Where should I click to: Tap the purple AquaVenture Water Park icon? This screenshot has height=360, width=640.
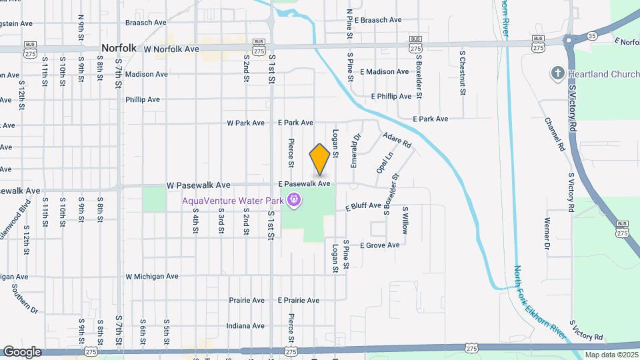click(x=294, y=199)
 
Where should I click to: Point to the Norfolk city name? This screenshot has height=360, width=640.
click(x=119, y=48)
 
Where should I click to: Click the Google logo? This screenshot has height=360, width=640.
click(x=22, y=352)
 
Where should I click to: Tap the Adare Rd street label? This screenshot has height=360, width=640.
click(x=397, y=140)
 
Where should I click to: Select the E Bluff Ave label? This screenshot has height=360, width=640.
click(x=363, y=206)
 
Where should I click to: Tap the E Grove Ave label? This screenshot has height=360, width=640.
click(x=379, y=245)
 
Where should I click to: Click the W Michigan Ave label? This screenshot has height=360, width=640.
click(x=152, y=276)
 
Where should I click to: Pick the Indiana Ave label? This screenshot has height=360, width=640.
click(x=245, y=326)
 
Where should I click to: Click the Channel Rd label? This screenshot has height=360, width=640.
click(x=555, y=134)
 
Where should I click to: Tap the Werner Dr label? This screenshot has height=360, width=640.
click(x=547, y=233)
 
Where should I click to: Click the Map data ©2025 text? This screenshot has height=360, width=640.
click(x=611, y=355)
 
